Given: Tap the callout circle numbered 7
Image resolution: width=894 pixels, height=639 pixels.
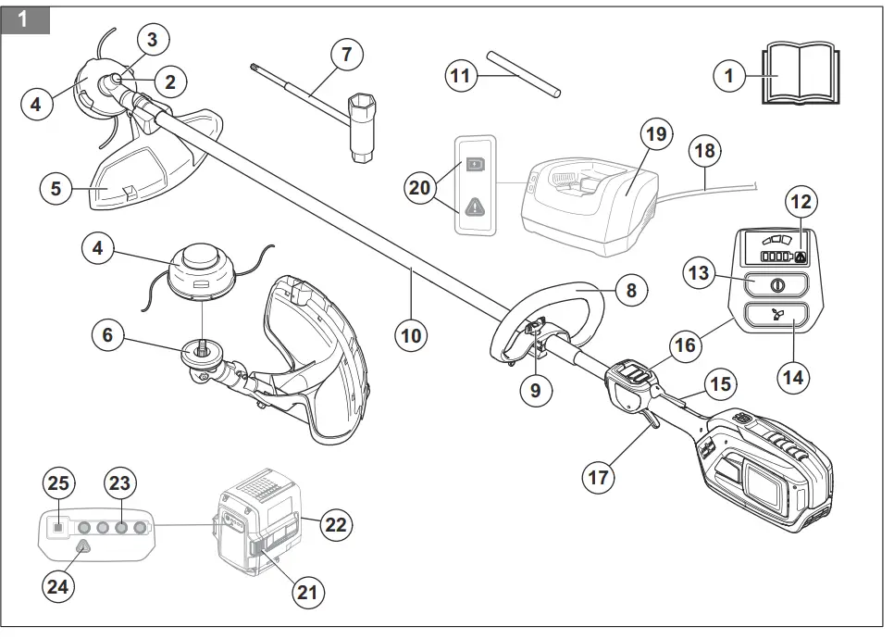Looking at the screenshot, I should click(346, 55).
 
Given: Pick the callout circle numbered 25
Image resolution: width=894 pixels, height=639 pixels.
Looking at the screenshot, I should click(58, 483).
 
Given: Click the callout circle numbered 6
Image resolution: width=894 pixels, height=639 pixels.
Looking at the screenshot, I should click(107, 335).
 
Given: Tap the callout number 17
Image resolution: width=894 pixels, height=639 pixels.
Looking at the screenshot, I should click(598, 477).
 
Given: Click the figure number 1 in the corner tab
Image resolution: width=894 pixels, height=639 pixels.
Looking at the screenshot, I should click(23, 19).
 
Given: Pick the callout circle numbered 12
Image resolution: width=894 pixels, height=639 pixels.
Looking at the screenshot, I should click(801, 200).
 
